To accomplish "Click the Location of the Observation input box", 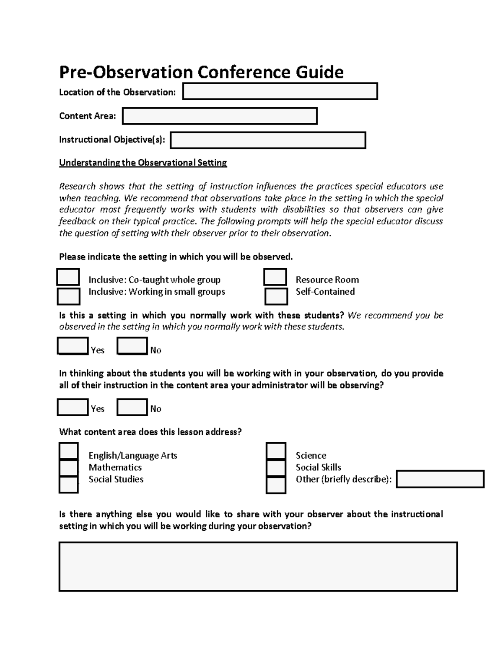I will [280, 91].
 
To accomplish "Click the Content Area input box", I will [220, 116].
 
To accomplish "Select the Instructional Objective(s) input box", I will [268, 140].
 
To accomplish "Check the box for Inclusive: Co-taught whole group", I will [68, 278].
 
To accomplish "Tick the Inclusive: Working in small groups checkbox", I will [68, 296].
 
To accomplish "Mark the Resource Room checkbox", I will [275, 278].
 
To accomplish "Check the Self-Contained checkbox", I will [276, 296].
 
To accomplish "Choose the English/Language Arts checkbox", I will [68, 451].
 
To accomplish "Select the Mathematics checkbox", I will [68, 468].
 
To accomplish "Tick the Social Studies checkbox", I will [68, 485].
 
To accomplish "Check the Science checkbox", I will [276, 451].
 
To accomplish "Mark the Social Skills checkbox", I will [276, 468].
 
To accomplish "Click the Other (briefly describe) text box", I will [440, 479].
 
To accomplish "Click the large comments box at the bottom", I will [258, 566].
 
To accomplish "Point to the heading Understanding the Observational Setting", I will [143, 163].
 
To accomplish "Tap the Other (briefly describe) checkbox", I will [276, 485].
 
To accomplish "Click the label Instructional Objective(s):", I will [112, 140].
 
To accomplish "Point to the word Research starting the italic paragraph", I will [77, 186].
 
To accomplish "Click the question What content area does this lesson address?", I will [150, 432].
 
